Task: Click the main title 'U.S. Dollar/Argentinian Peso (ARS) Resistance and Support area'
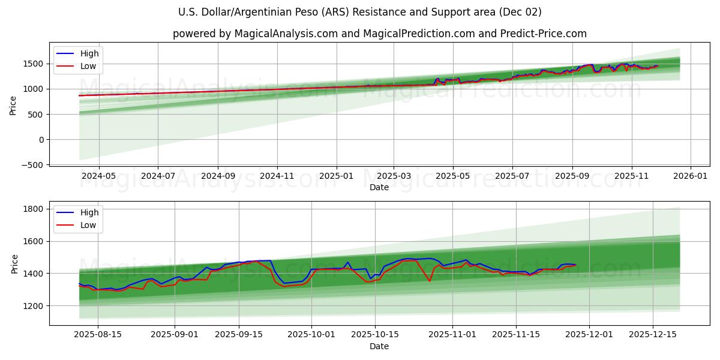pos(359,12)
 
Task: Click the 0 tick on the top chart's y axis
pos(41,140)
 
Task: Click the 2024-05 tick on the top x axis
pos(98,176)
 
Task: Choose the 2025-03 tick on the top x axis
pos(394,176)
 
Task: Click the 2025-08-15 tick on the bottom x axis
pos(97,335)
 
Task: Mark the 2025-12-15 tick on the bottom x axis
pos(652,335)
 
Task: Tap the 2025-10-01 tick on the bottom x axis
pos(311,335)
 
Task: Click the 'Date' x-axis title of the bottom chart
pos(379,346)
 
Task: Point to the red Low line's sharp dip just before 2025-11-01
pos(429,281)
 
